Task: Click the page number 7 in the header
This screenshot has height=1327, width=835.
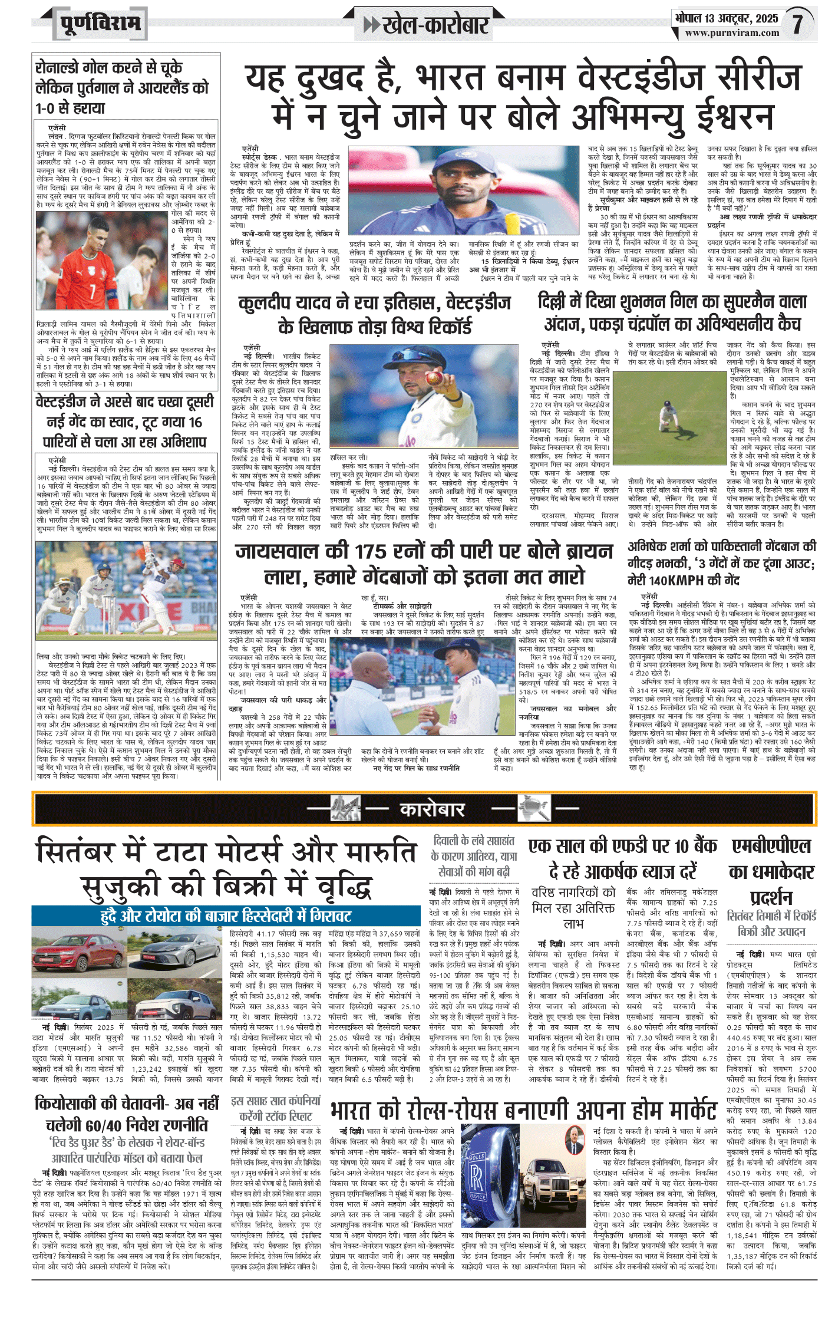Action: (797, 24)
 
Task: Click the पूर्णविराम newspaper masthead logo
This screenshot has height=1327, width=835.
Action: (100, 24)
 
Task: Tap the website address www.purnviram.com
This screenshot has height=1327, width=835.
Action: (732, 33)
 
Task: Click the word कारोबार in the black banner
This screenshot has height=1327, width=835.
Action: (432, 809)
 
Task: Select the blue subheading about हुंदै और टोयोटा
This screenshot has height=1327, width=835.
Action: (226, 916)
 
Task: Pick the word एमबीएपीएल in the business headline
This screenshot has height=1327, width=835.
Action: (771, 847)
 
